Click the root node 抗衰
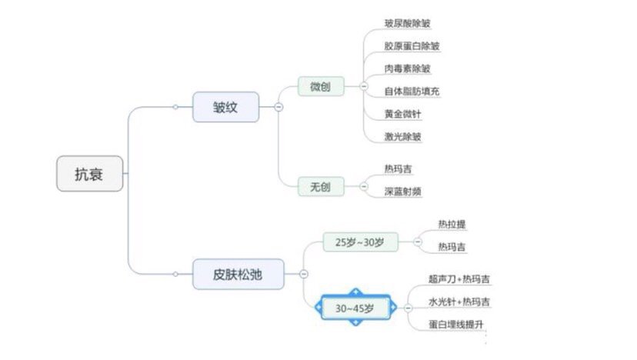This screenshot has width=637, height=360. [89, 174]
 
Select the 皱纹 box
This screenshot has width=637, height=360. [225, 107]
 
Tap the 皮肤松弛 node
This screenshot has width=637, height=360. [238, 275]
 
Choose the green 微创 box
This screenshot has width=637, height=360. [321, 86]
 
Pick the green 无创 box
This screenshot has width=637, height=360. [321, 186]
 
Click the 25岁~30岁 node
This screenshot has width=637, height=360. [360, 242]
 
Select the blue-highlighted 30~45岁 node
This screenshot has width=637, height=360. [355, 308]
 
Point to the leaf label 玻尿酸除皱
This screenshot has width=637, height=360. [408, 23]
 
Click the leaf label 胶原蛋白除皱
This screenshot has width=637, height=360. [412, 46]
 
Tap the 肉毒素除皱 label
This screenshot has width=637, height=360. [408, 68]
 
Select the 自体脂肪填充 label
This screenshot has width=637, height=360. [412, 92]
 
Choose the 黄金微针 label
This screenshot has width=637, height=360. [402, 114]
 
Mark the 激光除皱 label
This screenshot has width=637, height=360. [402, 136]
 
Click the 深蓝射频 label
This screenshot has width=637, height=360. [402, 192]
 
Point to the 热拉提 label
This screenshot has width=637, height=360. [452, 225]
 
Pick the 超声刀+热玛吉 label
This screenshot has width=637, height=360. [459, 279]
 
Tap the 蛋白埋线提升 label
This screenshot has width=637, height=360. [455, 325]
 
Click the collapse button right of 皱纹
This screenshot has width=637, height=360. [278, 107]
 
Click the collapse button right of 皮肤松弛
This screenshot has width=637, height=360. [303, 275]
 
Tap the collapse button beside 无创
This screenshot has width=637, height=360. [364, 186]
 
